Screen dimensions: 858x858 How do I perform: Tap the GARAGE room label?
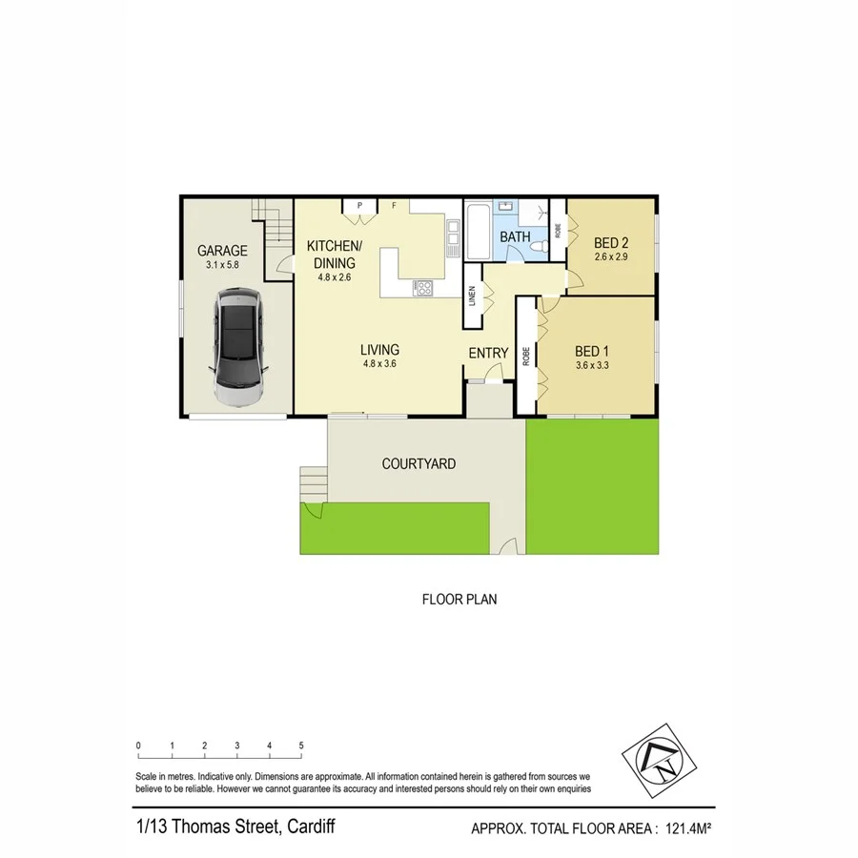pos(222,251)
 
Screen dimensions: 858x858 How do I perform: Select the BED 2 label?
pos(611,242)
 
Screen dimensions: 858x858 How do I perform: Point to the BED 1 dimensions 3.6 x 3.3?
pos(592,365)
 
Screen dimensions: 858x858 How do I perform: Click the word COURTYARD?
pos(419,464)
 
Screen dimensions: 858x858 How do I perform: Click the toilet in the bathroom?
pos(540,247)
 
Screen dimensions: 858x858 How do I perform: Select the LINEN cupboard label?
pos(472,296)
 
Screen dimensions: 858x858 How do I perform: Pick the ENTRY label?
pos(488,354)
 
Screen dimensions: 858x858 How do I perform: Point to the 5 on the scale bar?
pos(301,746)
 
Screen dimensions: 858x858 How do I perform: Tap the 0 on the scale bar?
pos(138,746)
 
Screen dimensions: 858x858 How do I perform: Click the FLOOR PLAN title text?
pos(460,601)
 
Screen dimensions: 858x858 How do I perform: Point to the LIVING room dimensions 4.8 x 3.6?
pos(379,363)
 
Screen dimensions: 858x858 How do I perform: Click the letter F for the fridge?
pos(393,205)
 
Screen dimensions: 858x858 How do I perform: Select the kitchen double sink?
pos(453,235)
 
